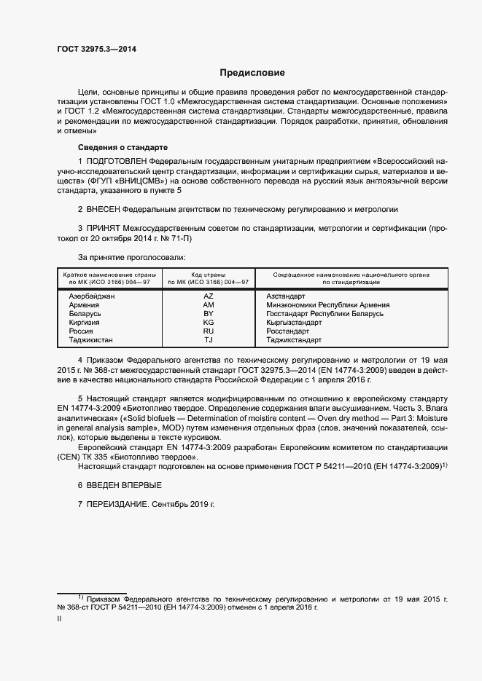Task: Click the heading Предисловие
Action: [253, 73]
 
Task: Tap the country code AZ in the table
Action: [209, 296]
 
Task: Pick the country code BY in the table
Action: [209, 314]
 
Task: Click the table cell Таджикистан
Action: [91, 340]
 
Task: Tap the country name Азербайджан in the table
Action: [92, 296]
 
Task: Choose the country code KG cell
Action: [209, 323]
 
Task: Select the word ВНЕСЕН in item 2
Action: [104, 208]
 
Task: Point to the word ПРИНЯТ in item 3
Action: [104, 229]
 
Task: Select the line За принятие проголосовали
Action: [131, 257]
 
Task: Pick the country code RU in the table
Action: [209, 331]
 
